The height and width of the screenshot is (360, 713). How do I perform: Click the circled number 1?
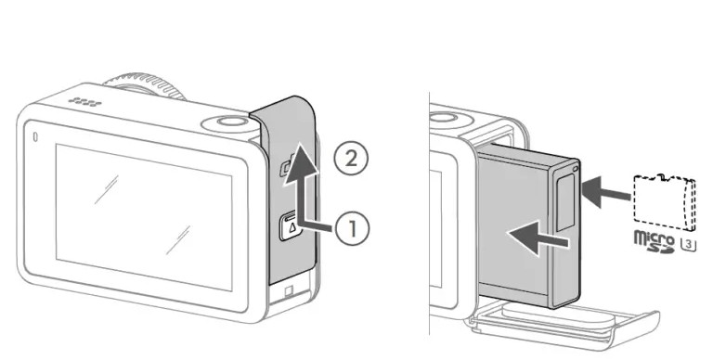coord(353,228)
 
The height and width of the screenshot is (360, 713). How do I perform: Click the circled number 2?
coord(351,159)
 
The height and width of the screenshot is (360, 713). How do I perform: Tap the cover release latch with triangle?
coord(291,225)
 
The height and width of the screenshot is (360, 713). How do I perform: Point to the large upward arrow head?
coord(300,164)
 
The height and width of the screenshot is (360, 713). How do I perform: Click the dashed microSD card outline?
coord(665,201)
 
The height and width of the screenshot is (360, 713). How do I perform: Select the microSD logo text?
coord(655,242)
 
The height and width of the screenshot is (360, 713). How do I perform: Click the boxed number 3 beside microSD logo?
coord(689,245)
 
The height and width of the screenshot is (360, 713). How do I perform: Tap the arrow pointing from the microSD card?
coord(605,192)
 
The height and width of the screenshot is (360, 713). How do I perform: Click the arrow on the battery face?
coord(538,238)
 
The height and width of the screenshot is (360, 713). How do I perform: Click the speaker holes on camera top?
coord(85,103)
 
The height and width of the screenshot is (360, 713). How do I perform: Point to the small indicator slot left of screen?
coord(36,136)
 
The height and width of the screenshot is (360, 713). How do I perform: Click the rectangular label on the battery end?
coord(565,202)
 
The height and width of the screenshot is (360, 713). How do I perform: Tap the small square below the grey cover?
coord(289,291)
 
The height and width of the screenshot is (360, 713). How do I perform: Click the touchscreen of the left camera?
coord(144,216)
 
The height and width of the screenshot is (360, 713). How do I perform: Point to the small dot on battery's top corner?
coord(576,169)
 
